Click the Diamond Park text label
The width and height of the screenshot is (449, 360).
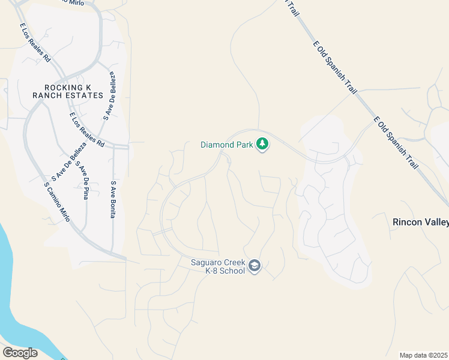pyautogui.click(x=227, y=145)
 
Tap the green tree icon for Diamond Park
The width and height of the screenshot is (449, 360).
pyautogui.click(x=262, y=144)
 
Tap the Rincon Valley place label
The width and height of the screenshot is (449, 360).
pyautogui.click(x=420, y=222)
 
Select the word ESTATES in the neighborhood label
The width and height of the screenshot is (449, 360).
pyautogui.click(x=82, y=95)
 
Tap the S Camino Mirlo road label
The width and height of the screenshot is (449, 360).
pyautogui.click(x=58, y=200)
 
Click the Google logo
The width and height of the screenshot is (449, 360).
pyautogui.click(x=20, y=353)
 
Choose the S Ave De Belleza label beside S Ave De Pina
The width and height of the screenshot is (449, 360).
pyautogui.click(x=65, y=162)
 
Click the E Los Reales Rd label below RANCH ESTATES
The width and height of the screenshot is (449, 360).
pyautogui.click(x=86, y=130)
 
